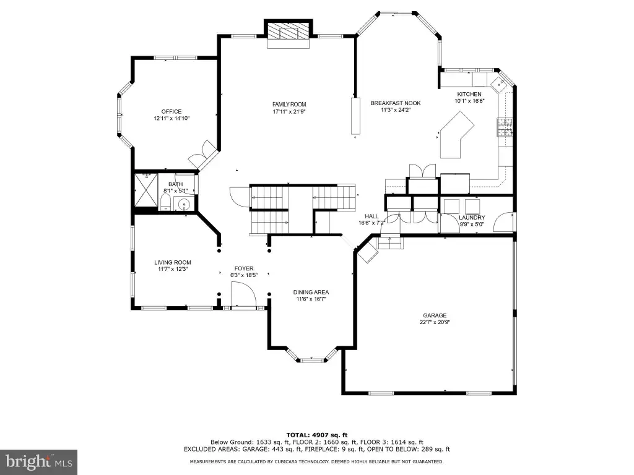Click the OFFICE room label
pos(172,111)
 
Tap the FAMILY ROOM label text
pos(289,104)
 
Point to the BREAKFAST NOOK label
pos(396,103)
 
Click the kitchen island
pos(456,135)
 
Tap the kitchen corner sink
pos(500,84)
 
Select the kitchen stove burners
pos(505,127)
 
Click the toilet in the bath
pos(165,202)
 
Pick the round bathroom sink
pos(185,204)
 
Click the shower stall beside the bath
pos(145,190)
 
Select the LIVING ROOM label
pos(172,262)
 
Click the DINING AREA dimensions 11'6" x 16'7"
pos(311,299)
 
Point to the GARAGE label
pos(435,315)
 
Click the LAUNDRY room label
pos(472,218)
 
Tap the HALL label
pos(371,216)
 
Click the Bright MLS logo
pos(39,462)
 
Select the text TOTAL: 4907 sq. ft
pos(317,435)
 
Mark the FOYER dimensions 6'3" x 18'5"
pos(244,275)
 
